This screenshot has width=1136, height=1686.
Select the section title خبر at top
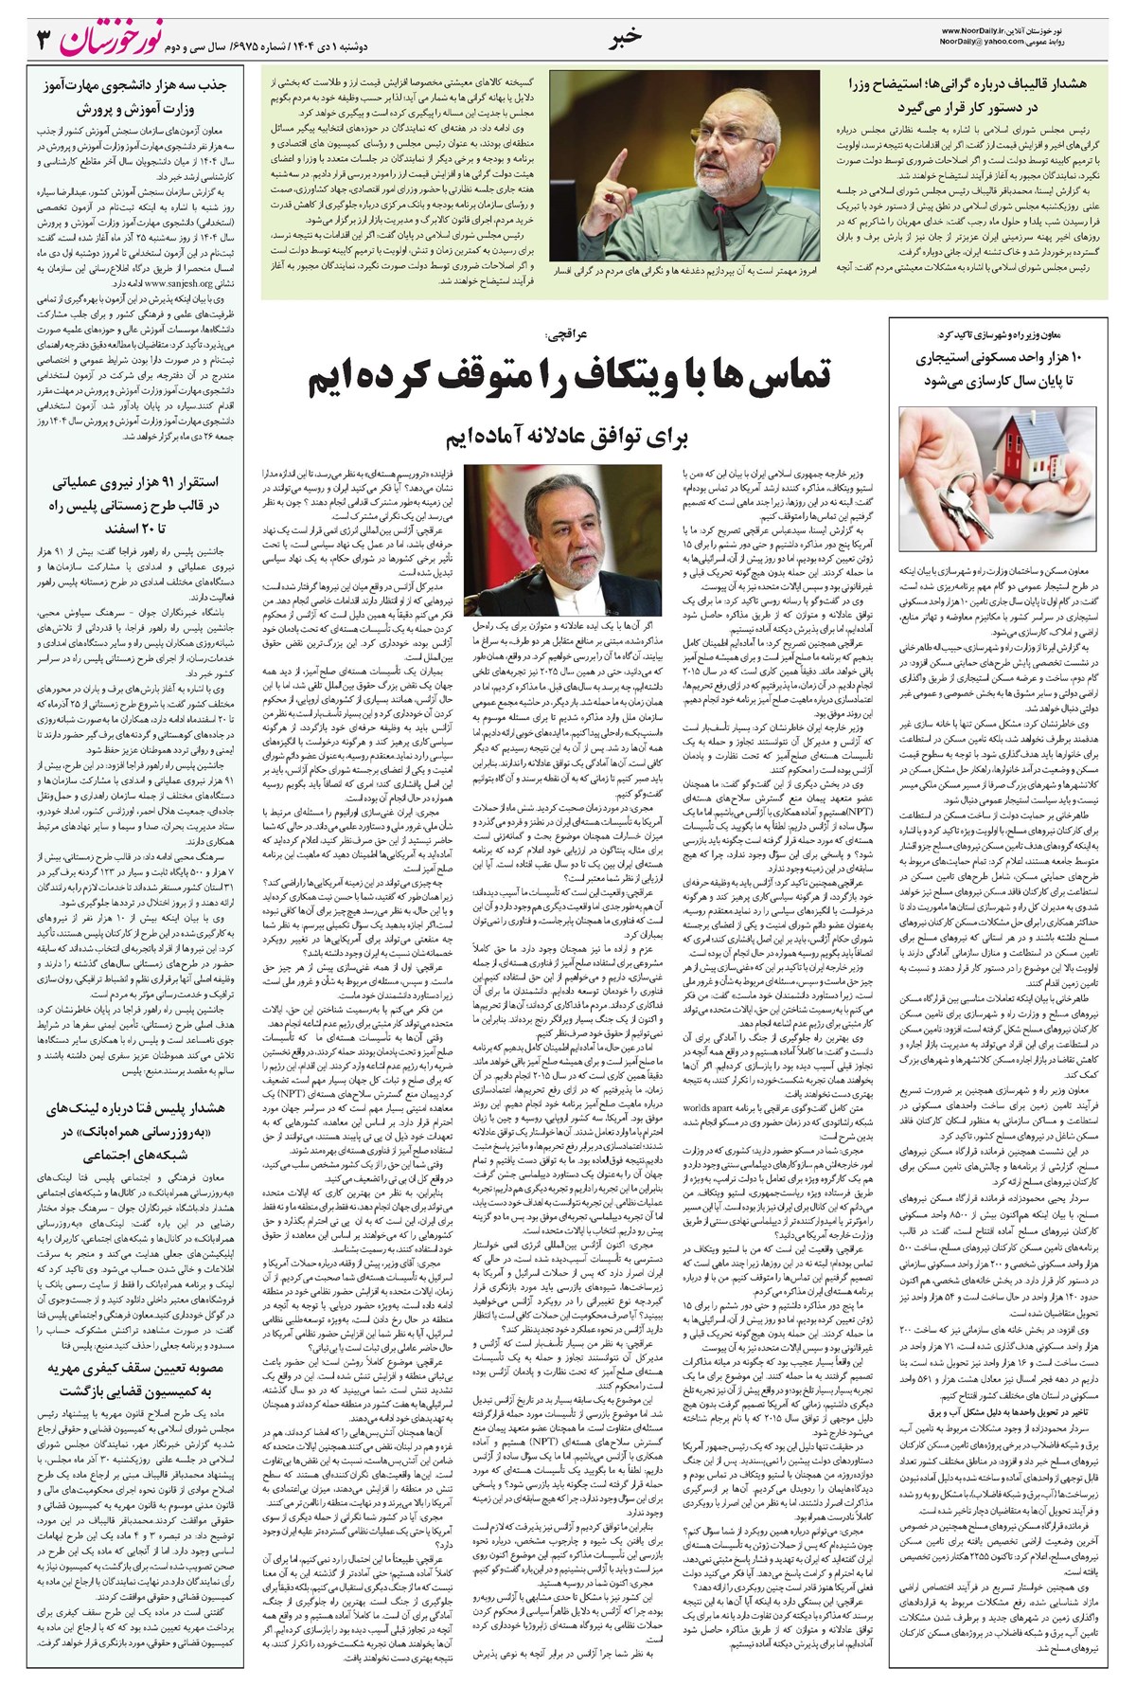625,36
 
